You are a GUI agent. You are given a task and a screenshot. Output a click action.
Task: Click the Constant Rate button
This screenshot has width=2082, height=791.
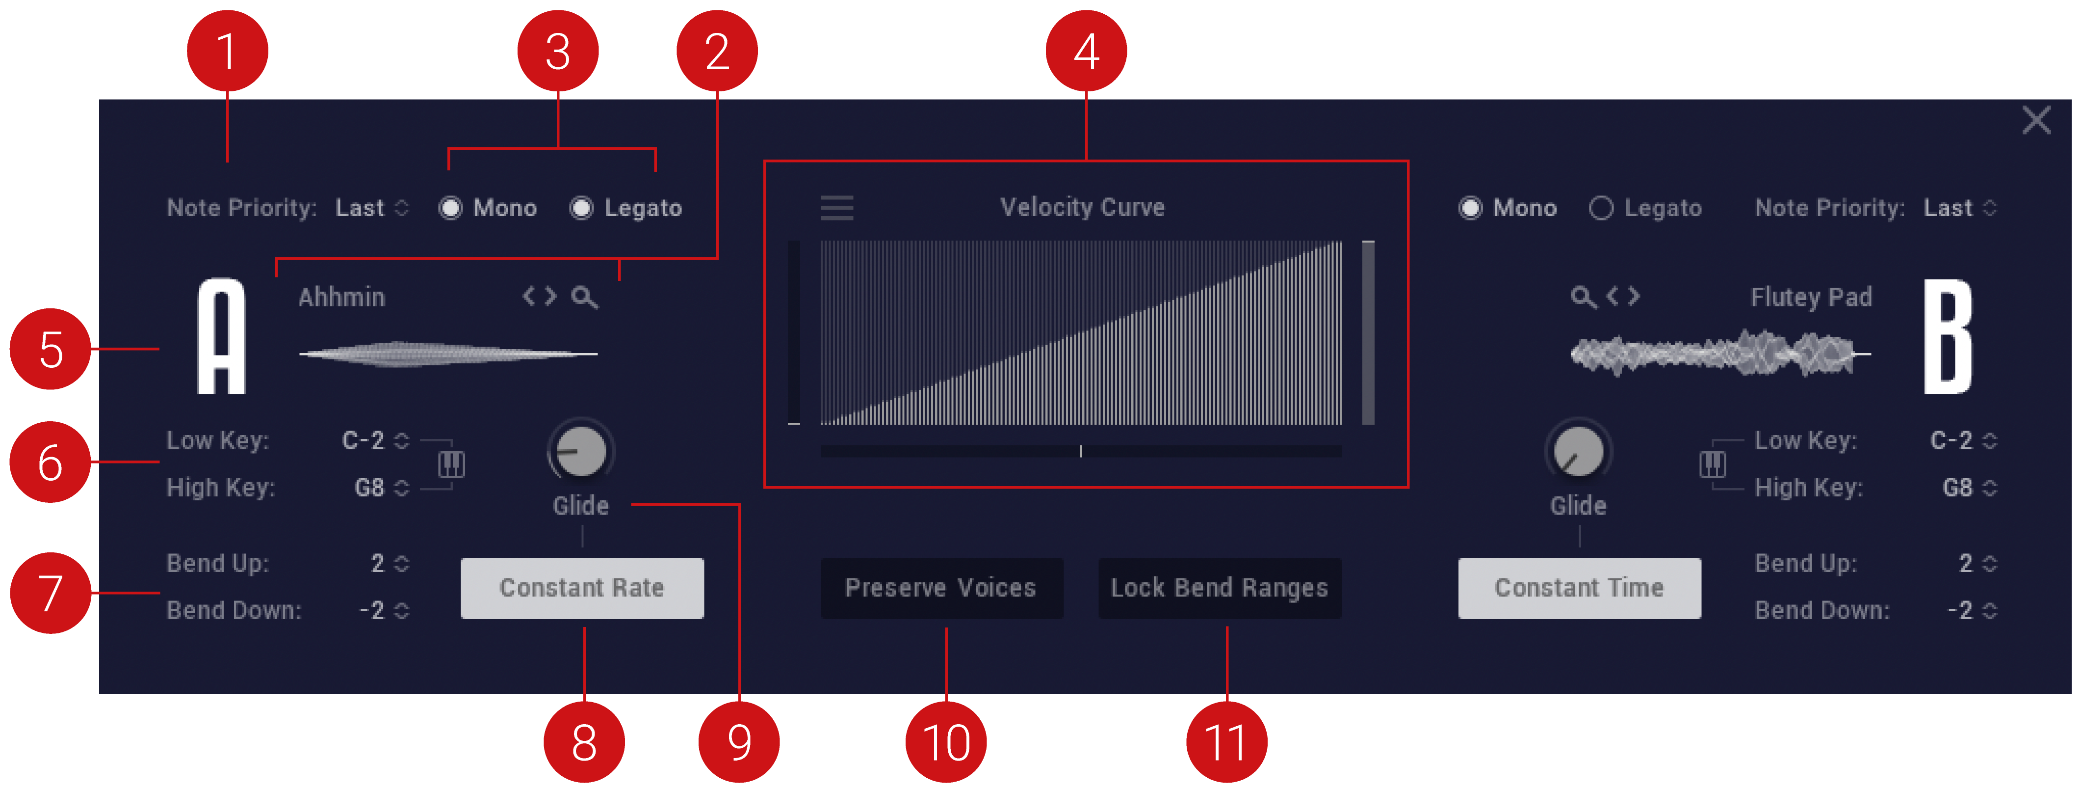582,588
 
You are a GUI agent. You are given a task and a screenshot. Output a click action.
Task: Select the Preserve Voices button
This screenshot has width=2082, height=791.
941,588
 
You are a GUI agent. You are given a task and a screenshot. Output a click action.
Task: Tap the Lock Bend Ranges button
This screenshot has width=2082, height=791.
1220,588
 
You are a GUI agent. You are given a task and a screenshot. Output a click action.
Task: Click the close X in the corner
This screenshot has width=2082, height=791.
2036,120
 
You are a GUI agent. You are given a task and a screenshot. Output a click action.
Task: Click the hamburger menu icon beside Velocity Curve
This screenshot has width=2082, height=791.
836,208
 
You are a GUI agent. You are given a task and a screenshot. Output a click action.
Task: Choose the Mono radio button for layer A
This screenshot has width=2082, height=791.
450,208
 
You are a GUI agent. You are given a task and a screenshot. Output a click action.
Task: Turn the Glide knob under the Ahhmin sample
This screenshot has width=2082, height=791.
581,451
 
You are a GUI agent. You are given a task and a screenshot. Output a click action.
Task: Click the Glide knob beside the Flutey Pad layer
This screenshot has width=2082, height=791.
1579,451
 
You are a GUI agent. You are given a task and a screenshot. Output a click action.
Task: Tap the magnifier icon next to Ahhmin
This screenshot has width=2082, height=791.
584,298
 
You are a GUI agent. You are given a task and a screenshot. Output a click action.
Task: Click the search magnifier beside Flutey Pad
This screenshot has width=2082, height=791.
1583,297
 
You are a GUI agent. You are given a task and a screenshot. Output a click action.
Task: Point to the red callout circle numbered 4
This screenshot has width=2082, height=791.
1086,51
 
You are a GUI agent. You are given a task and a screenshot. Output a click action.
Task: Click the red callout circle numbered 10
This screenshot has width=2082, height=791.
946,742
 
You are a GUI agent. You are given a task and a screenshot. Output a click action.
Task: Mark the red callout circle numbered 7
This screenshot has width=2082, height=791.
50,593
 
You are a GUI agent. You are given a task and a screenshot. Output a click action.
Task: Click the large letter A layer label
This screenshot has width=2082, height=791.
221,336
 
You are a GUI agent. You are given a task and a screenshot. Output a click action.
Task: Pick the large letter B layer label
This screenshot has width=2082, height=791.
1948,336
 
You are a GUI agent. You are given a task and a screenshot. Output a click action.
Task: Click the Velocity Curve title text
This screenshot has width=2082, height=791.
1082,207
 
